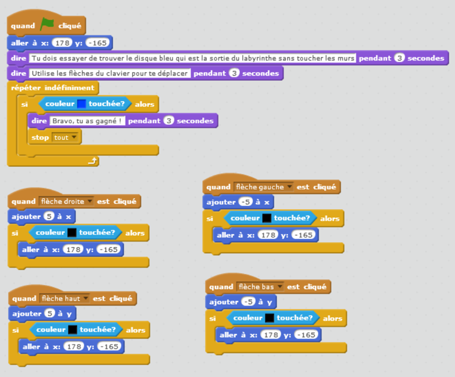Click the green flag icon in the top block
pos(47,25)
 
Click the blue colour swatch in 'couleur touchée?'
pos(81,105)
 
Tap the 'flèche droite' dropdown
pos(67,202)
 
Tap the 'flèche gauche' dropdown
pos(264,187)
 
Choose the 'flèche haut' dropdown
pos(65,299)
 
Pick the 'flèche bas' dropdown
pos(260,287)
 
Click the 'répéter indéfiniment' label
pos(52,88)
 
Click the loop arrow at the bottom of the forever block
pos(92,161)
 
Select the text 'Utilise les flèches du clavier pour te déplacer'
pos(109,73)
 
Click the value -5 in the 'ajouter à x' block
pos(246,202)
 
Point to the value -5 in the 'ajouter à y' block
pos(249,302)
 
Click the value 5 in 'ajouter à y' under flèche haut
pos(50,314)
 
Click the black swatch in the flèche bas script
pos(270,318)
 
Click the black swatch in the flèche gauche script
pos(267,218)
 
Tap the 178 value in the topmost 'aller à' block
pos(62,42)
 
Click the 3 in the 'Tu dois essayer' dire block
pos(399,58)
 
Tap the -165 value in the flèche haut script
pos(109,347)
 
